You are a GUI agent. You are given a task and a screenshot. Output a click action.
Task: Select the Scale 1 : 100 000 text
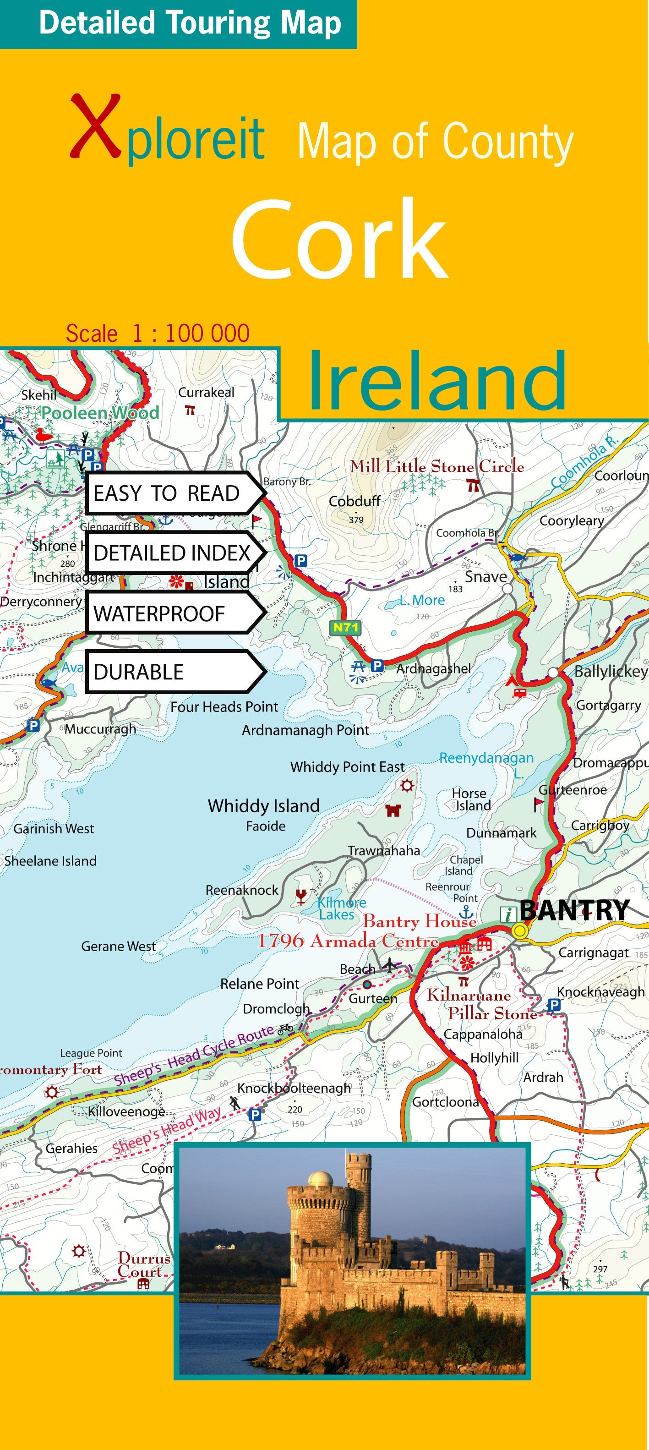click(158, 333)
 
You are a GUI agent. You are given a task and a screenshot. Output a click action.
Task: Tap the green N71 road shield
click(344, 627)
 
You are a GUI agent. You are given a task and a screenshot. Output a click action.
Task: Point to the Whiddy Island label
click(263, 805)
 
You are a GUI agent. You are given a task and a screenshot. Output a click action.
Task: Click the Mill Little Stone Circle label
click(436, 466)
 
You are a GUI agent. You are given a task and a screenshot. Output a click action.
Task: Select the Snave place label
click(485, 576)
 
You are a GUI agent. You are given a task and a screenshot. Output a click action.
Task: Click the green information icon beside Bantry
click(508, 914)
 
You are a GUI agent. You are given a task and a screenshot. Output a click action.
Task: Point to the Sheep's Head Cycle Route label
click(194, 1056)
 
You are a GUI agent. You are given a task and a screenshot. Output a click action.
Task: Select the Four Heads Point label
click(224, 706)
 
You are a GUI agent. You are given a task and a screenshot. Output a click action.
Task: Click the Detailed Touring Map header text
click(190, 24)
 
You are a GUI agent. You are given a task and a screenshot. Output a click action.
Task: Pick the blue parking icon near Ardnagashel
click(377, 665)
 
